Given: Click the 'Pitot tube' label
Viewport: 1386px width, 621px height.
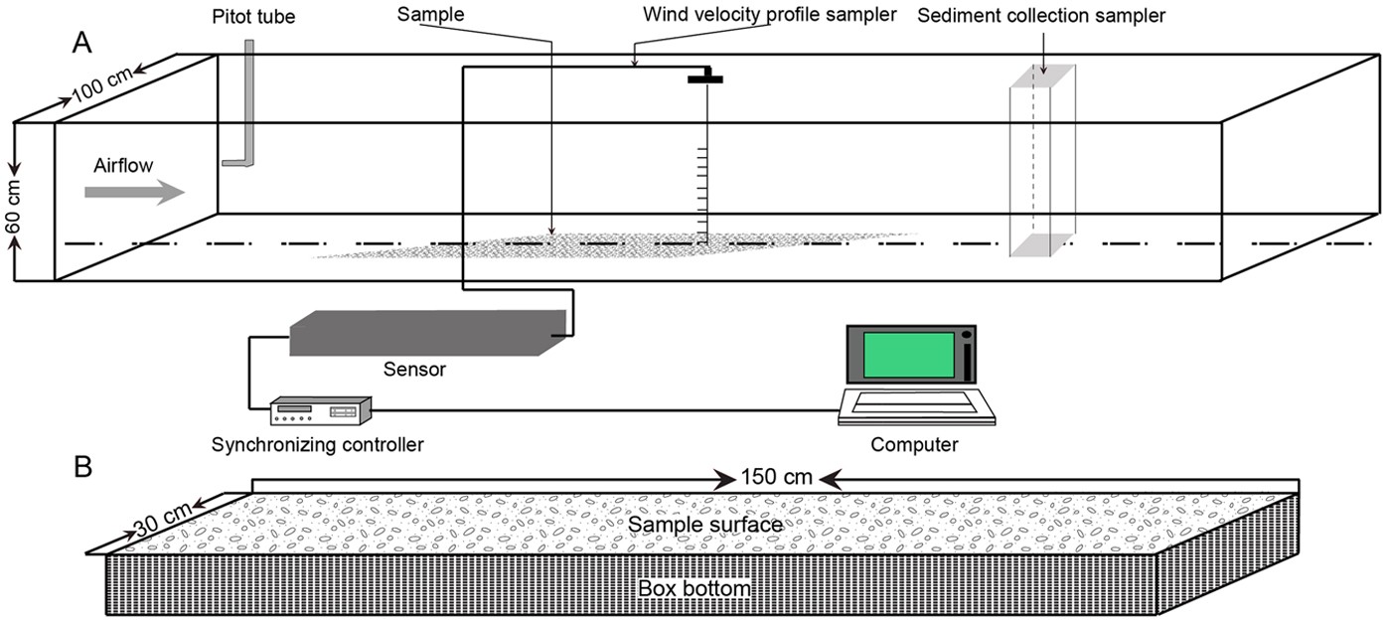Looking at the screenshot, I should [254, 17].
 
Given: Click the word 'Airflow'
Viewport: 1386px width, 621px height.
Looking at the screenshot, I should [123, 165].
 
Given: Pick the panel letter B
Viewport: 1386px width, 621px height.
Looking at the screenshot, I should [83, 465].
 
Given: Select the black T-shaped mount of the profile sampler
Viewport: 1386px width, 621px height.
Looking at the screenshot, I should [704, 77].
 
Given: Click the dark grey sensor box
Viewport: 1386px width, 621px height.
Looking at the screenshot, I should [427, 333].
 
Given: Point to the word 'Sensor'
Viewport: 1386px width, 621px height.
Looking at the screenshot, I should [414, 370].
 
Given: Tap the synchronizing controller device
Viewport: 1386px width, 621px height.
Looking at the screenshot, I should [320, 409].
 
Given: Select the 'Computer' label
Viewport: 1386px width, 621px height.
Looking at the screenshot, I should [914, 444].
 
